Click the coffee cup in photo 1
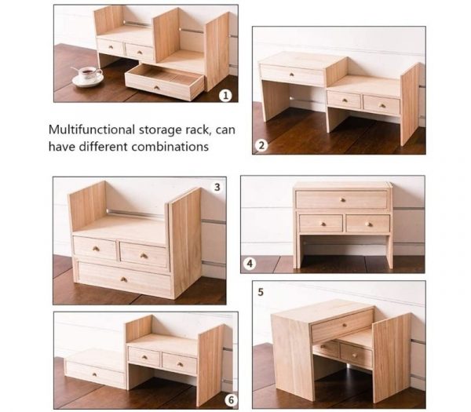[89, 73]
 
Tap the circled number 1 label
[225, 96]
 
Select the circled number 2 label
[261, 145]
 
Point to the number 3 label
[217, 188]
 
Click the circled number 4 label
[250, 264]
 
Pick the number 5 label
[261, 292]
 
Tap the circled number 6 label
[231, 400]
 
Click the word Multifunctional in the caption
[92, 129]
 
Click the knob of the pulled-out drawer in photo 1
[156, 88]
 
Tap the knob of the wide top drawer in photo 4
[343, 199]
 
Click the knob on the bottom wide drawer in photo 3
[124, 280]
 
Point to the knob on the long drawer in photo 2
[292, 75]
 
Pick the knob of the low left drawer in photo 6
[94, 374]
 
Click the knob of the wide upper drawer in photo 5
[345, 325]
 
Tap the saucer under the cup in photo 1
[88, 80]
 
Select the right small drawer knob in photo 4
[368, 224]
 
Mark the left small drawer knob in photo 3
[96, 249]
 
